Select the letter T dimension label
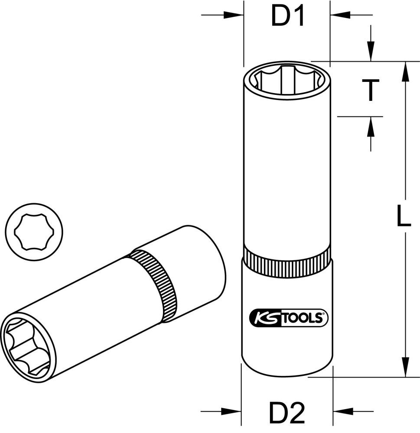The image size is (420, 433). pyautogui.click(x=371, y=90)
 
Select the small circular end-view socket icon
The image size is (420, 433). pyautogui.click(x=34, y=233)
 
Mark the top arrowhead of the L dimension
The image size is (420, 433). pyautogui.click(x=406, y=71)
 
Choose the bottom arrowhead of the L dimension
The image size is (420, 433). pyautogui.click(x=406, y=366)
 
